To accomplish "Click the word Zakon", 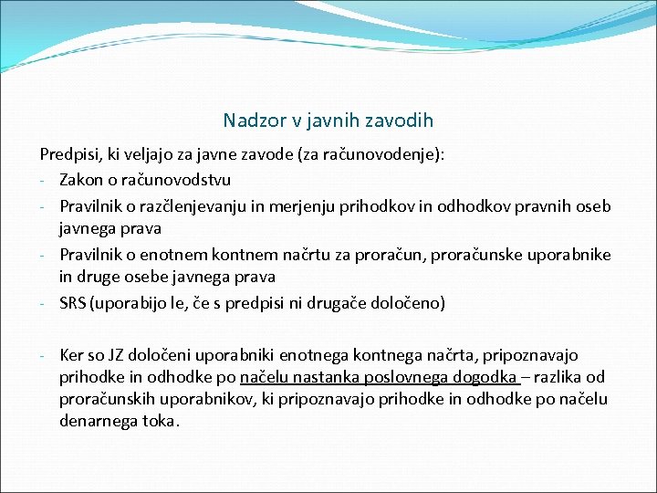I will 83,180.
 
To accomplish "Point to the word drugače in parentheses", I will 339,302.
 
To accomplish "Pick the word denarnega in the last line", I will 99,422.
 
